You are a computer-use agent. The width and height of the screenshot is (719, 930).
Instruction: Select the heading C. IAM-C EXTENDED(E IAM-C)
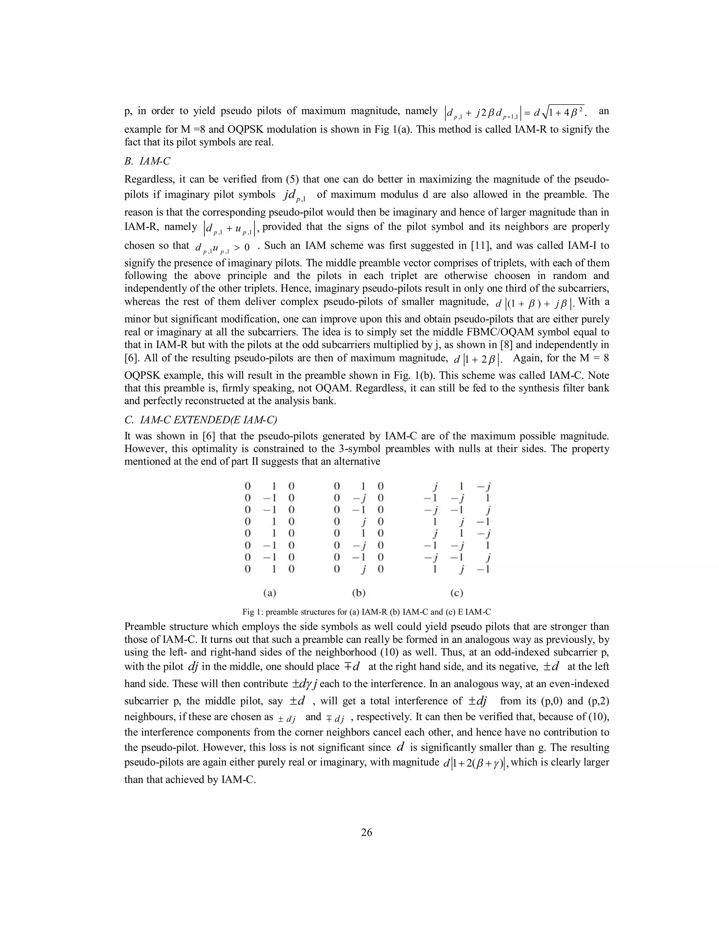pos(200,420)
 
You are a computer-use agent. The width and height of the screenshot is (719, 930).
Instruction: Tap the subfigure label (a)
pos(270,593)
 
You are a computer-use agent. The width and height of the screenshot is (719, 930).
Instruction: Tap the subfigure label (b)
pos(359,593)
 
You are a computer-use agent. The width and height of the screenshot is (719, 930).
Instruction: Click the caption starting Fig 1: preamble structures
pos(366,612)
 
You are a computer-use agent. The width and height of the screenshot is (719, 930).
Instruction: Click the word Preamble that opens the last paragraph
pos(144,626)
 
